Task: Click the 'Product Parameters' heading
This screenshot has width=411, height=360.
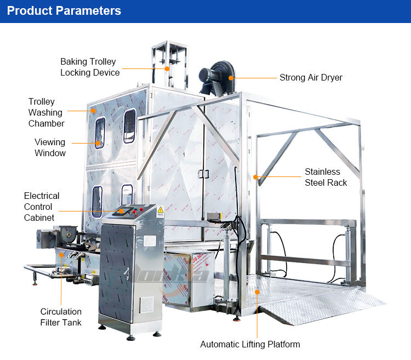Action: tap(64, 11)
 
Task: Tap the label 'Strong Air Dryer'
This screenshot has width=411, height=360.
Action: tap(311, 78)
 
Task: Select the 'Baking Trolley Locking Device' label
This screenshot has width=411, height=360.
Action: tap(90, 67)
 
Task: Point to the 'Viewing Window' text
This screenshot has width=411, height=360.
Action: tap(50, 147)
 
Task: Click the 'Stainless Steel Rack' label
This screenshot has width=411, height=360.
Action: tap(326, 177)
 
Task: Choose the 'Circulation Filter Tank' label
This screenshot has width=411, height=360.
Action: tap(61, 317)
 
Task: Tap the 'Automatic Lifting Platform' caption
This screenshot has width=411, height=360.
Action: tap(250, 344)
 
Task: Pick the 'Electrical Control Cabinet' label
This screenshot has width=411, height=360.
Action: tap(42, 207)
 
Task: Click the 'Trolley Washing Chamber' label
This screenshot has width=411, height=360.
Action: tap(46, 112)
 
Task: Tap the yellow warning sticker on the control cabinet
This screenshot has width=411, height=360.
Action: tap(161, 210)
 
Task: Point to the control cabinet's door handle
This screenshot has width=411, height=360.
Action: tap(127, 272)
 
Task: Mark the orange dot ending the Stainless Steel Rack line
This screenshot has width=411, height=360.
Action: tap(256, 176)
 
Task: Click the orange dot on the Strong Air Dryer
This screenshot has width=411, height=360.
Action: tap(231, 78)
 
